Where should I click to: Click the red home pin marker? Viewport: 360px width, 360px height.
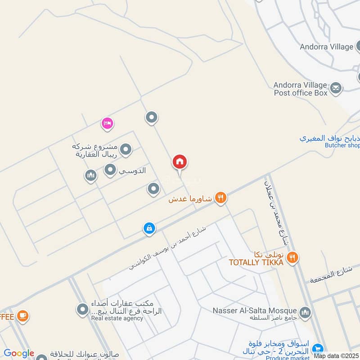tap(180, 162)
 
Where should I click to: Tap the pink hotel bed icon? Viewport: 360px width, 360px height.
tap(107, 123)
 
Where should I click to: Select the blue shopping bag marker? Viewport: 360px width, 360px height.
tap(149, 229)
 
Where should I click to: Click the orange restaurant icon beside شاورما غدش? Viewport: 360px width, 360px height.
tap(220, 198)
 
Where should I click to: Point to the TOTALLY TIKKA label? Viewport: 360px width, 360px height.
tap(256, 262)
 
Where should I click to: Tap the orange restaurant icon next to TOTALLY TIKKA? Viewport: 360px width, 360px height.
tap(292, 257)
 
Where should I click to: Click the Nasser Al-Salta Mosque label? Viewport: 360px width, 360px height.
tap(255, 310)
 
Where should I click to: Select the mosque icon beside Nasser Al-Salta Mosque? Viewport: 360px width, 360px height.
tap(305, 312)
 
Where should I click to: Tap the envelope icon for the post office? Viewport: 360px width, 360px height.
tap(335, 88)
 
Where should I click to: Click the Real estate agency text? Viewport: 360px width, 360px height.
tap(117, 318)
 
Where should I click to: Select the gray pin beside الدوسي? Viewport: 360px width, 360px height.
tap(110, 170)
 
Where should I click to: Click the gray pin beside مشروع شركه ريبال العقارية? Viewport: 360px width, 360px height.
tap(126, 149)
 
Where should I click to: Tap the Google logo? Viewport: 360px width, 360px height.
tap(19, 353)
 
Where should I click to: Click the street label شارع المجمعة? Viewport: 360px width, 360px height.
tap(330, 275)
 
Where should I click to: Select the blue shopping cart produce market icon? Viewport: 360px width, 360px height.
tap(318, 348)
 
